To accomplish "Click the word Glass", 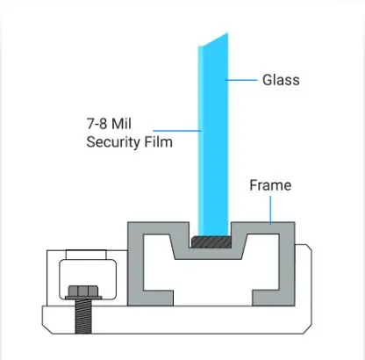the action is [x=281, y=80].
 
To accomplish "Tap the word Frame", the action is [x=270, y=185].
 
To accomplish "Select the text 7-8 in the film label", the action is [x=97, y=124].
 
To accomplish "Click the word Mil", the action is [x=122, y=124].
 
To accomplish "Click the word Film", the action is [x=158, y=142].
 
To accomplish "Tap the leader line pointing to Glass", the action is [x=241, y=80].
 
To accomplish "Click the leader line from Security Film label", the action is [x=177, y=131].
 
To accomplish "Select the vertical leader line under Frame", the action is [x=270, y=210].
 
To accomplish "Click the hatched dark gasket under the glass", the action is [x=211, y=241].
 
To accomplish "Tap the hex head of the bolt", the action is [x=83, y=291].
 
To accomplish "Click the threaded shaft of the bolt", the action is [x=83, y=316].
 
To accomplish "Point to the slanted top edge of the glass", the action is [x=215, y=40].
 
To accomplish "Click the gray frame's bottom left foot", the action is [x=158, y=298].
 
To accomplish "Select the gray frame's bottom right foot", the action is [x=266, y=298].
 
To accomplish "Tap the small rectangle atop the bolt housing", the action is [x=86, y=255].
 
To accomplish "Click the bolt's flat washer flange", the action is [x=83, y=298].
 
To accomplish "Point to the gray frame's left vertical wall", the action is [x=135, y=264].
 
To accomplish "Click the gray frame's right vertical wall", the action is [x=287, y=264].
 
